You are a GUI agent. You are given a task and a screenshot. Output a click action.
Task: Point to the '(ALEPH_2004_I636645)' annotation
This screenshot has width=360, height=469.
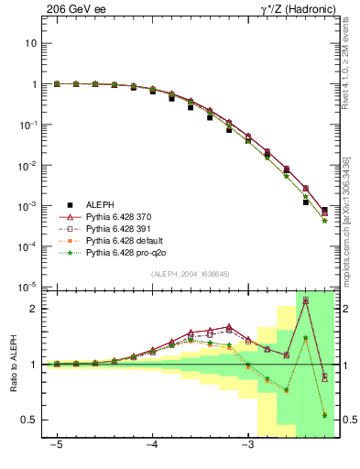click(x=190, y=274)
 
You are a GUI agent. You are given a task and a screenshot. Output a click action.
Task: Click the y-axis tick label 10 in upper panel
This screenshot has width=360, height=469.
click(x=31, y=43)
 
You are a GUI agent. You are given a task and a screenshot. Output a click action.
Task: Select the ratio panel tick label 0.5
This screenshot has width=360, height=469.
click(x=29, y=420)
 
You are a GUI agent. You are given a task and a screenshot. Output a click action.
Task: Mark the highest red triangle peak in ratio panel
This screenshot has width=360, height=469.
click(x=305, y=300)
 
